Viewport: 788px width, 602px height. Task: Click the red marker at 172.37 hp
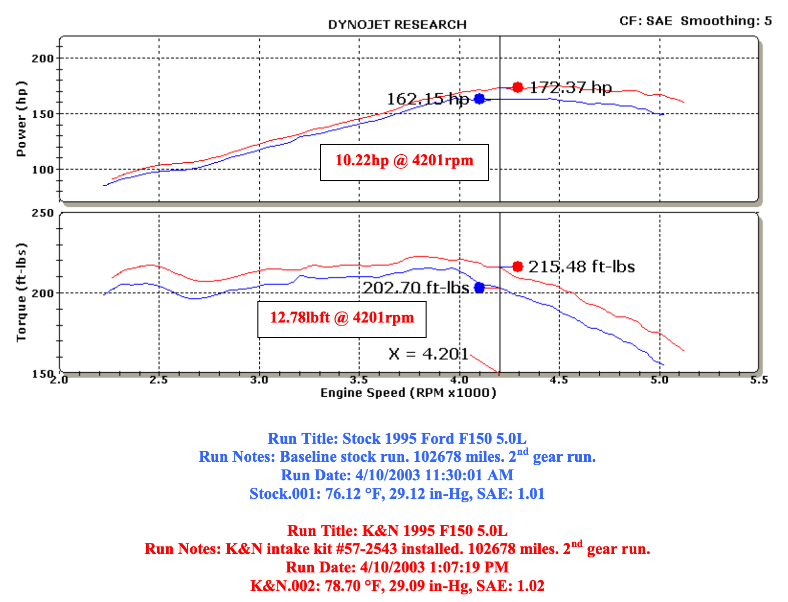click(x=518, y=88)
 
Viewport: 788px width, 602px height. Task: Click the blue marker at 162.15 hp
click(x=480, y=99)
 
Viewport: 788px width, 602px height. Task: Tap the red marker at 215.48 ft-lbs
click(x=518, y=266)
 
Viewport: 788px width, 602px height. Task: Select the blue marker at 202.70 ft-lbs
click(x=480, y=287)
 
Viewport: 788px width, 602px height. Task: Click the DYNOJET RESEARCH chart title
click(x=397, y=25)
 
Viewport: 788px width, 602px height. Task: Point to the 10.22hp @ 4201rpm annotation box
click(x=404, y=162)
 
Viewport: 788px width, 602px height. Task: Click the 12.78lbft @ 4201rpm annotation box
click(x=342, y=319)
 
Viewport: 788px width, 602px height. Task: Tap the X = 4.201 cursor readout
click(x=428, y=354)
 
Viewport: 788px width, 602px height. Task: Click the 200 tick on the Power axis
click(x=43, y=59)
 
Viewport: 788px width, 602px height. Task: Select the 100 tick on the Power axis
click(x=43, y=170)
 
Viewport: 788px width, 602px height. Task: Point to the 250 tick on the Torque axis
click(x=43, y=213)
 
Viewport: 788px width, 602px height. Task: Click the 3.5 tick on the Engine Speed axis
click(x=359, y=380)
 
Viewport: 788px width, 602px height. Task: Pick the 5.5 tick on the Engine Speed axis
click(x=759, y=380)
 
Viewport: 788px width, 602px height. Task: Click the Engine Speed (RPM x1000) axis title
click(x=408, y=393)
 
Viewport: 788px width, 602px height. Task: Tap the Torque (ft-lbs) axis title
click(x=21, y=293)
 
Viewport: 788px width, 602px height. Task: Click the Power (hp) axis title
click(x=21, y=119)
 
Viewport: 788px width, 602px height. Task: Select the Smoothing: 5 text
click(x=726, y=21)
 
